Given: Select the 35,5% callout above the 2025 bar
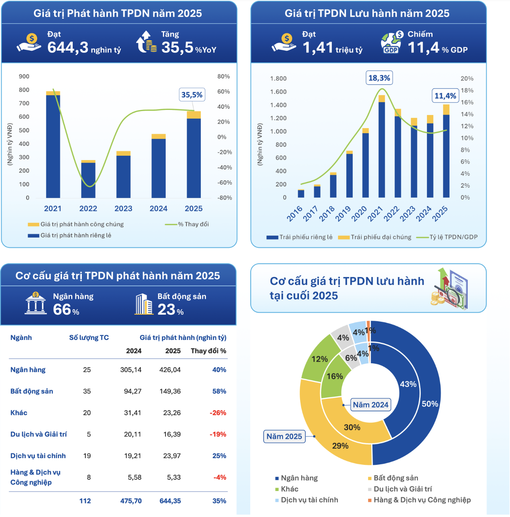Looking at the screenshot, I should [x=192, y=95].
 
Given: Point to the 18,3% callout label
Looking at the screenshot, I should [x=379, y=78].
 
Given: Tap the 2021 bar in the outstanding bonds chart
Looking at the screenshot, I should [x=382, y=150].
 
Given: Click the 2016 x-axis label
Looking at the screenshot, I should [x=295, y=213].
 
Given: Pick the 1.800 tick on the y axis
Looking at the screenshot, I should [x=278, y=79].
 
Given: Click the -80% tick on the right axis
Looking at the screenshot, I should [x=225, y=198].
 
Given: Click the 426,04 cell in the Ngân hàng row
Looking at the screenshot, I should [x=170, y=370].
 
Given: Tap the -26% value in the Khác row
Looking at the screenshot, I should [x=218, y=413].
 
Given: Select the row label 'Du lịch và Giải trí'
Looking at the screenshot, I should [x=38, y=434].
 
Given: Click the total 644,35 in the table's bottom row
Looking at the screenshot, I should [x=170, y=501].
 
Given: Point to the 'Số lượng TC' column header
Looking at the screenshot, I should [x=89, y=338].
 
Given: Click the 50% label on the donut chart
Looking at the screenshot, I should [x=430, y=404].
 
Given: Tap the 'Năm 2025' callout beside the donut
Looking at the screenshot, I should [x=284, y=437].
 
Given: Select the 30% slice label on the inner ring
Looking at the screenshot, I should [x=352, y=428].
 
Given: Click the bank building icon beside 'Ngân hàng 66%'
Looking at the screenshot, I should [x=36, y=304].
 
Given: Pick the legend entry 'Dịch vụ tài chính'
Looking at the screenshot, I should [x=309, y=500].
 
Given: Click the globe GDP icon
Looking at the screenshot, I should [x=391, y=43].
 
